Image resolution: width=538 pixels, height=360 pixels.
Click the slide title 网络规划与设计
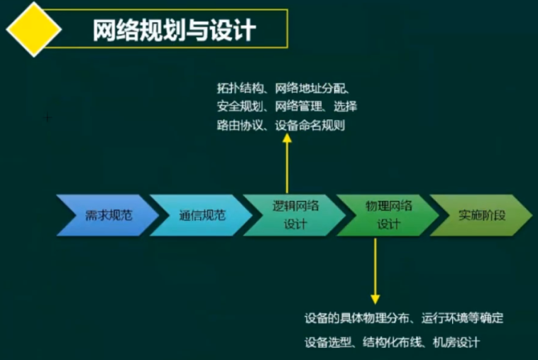pyautogui.click(x=175, y=30)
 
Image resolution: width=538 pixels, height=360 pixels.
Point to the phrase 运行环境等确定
pyautogui.click(x=462, y=318)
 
